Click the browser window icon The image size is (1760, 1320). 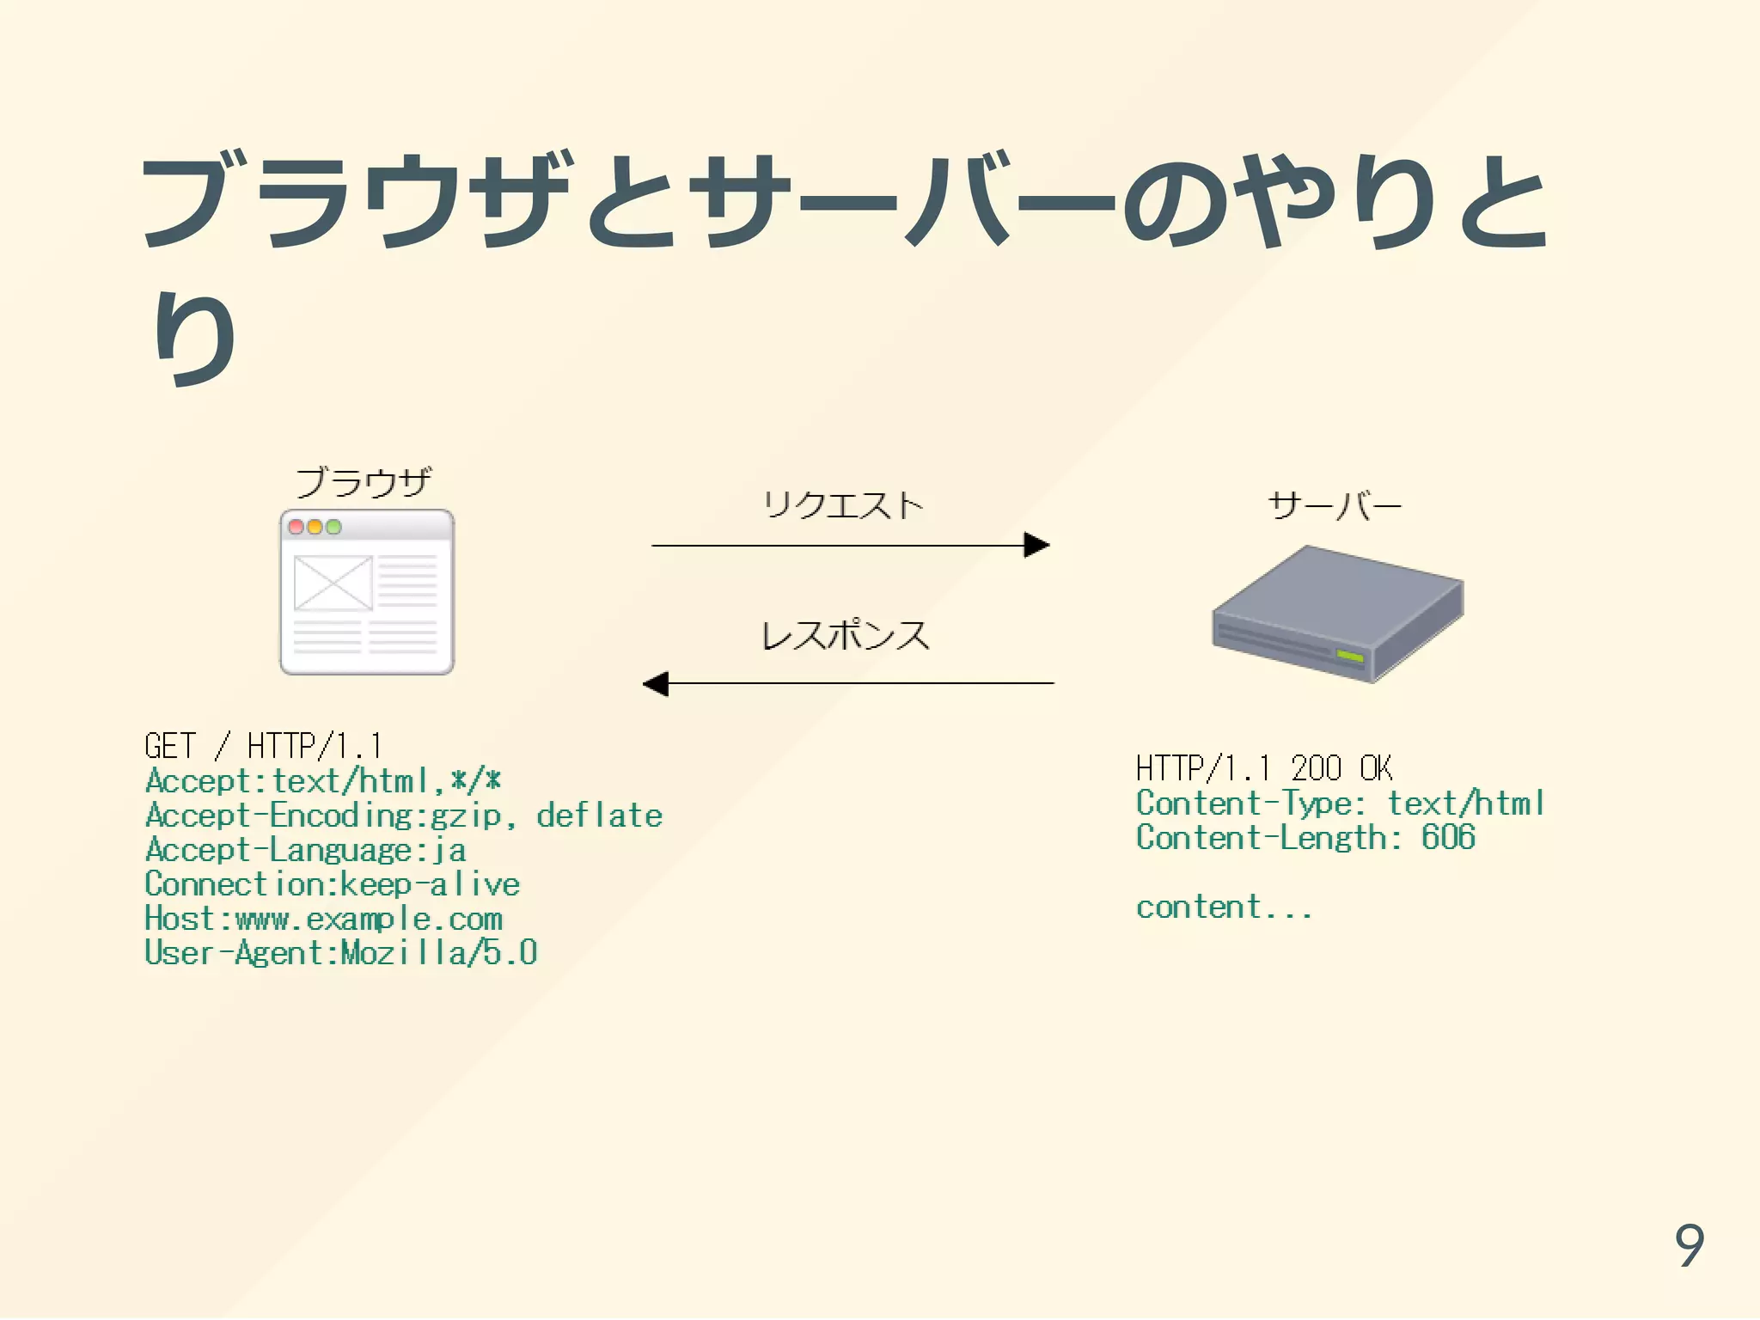(x=367, y=593)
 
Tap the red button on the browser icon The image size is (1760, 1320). (x=296, y=527)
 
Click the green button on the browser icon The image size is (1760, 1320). (x=333, y=527)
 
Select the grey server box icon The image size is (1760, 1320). (x=1337, y=614)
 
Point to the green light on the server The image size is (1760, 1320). (x=1350, y=657)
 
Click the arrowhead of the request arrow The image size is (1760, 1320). (x=1037, y=545)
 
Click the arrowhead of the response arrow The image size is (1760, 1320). (x=656, y=684)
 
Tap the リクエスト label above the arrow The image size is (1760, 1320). (x=843, y=505)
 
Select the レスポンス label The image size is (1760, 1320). (x=846, y=636)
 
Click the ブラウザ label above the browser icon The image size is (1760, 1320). (x=364, y=482)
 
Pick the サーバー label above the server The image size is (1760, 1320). (x=1335, y=506)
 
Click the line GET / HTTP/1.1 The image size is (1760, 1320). (x=263, y=746)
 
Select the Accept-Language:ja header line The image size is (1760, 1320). (x=306, y=850)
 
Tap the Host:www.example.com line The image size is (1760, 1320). (x=323, y=919)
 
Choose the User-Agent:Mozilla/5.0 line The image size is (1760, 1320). (x=340, y=953)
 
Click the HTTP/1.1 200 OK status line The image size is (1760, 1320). (x=1264, y=768)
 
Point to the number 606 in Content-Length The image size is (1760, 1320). (x=1448, y=838)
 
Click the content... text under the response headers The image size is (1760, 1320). (x=1224, y=907)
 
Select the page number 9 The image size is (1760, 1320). (x=1690, y=1245)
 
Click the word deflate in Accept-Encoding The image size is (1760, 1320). (x=599, y=816)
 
